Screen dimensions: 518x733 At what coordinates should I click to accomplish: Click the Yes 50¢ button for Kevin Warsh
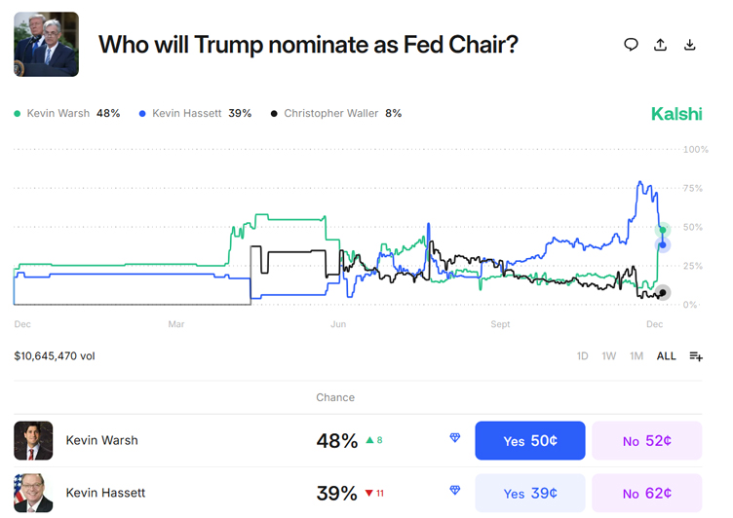(529, 441)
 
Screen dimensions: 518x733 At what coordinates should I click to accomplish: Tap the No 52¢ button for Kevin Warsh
(646, 441)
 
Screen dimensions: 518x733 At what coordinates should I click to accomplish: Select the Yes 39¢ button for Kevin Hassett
(529, 493)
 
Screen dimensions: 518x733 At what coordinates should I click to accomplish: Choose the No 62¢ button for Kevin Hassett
(646, 493)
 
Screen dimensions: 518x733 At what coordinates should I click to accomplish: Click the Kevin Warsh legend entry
(67, 114)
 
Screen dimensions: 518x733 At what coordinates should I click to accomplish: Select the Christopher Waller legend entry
(336, 114)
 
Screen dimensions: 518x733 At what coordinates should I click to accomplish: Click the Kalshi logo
(676, 114)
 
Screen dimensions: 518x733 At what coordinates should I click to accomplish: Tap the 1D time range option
(582, 356)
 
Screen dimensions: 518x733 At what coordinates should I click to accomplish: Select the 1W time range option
(608, 356)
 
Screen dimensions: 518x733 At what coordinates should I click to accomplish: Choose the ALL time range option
(666, 356)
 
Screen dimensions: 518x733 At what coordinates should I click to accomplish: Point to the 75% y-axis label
(693, 188)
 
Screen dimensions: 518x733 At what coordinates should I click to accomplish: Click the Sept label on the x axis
(500, 323)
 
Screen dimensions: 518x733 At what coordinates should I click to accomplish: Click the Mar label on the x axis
(176, 323)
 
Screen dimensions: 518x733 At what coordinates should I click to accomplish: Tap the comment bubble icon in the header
(631, 44)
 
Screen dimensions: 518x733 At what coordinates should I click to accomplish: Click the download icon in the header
(690, 44)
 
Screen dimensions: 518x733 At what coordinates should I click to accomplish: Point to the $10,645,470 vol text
(55, 356)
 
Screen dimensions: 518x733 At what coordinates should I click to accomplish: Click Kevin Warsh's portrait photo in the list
(33, 441)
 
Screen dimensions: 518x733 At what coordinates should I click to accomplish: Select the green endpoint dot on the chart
(663, 230)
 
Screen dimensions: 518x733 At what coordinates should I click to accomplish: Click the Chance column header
(335, 397)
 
